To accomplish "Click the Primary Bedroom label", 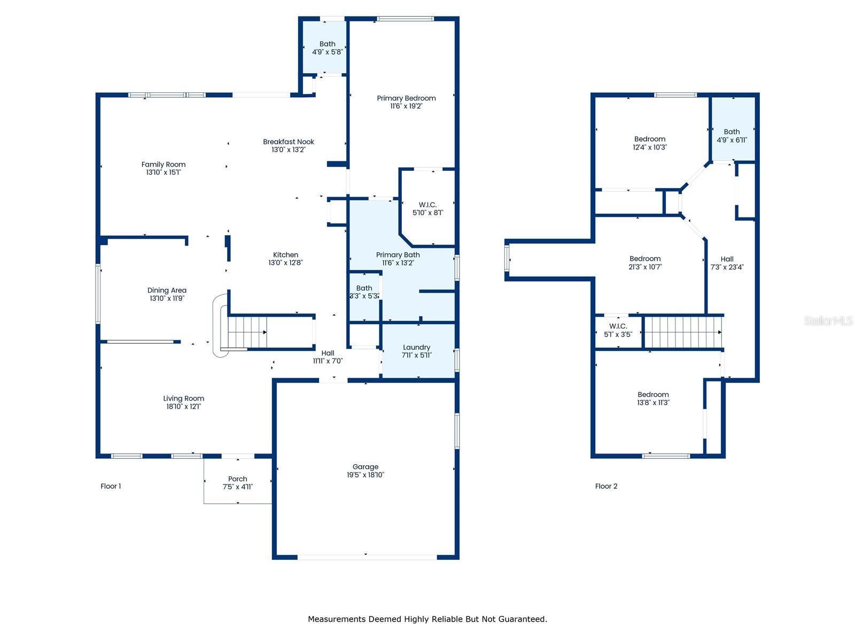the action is [x=406, y=98].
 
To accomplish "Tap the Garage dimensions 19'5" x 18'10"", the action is [x=365, y=474].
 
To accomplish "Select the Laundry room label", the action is [x=416, y=347].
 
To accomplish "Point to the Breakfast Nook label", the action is [x=288, y=142].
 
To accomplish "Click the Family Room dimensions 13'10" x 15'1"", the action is [x=163, y=172].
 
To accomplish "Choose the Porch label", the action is [x=237, y=479].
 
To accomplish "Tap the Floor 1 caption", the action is [x=111, y=486].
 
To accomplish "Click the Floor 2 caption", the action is [x=605, y=486].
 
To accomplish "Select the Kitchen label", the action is [x=285, y=255].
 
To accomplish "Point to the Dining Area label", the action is [x=167, y=291].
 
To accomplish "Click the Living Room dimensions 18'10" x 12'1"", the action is [x=183, y=407].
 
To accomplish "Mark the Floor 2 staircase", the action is [x=682, y=332].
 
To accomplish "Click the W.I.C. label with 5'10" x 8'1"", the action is [x=428, y=205].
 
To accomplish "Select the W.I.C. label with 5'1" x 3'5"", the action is [x=618, y=326].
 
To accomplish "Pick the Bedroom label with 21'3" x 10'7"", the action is [x=644, y=259].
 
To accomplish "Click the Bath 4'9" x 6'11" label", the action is [x=732, y=132].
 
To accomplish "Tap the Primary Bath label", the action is [x=398, y=255].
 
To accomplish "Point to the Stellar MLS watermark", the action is [x=828, y=320].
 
